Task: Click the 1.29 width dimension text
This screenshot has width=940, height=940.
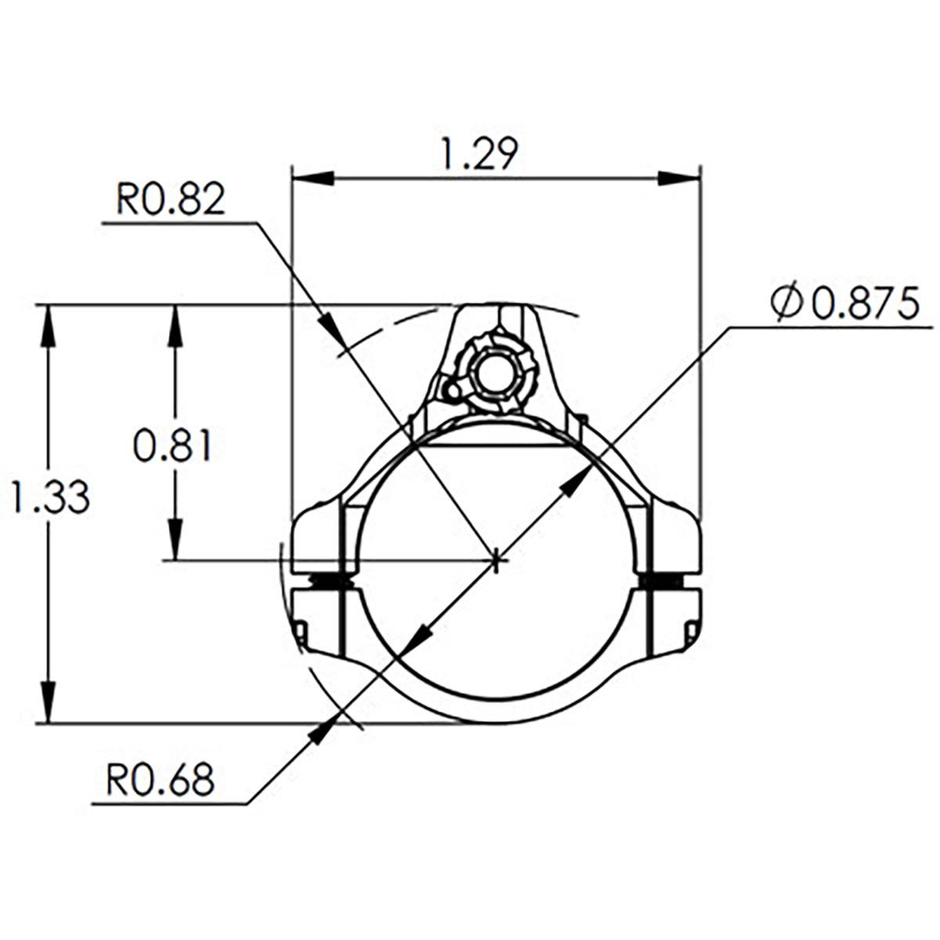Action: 479,154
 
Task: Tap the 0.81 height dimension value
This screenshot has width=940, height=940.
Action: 172,447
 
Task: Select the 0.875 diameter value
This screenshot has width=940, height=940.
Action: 864,304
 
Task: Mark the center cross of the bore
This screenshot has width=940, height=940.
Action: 497,560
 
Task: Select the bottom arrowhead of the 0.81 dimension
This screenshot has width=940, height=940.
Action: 175,540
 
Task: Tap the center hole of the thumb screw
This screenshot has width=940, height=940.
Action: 494,374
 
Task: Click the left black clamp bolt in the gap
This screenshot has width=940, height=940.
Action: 330,581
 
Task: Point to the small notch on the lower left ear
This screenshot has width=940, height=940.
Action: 299,631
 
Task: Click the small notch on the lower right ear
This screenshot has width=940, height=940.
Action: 692,631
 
